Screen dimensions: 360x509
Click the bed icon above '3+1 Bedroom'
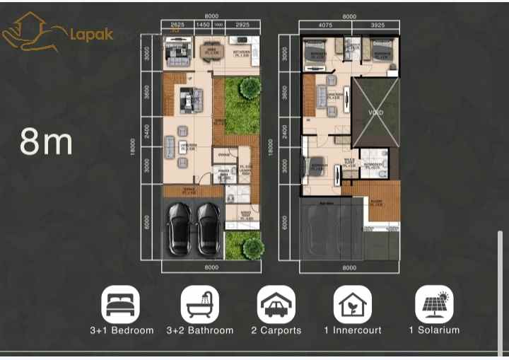click(122, 303)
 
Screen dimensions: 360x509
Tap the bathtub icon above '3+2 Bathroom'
click(199, 303)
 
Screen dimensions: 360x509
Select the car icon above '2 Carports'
click(276, 303)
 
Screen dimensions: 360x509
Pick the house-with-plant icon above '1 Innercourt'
click(353, 303)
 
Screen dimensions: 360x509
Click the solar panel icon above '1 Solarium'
click(434, 303)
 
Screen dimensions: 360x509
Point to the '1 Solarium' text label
click(434, 330)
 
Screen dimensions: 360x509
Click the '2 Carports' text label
click(276, 330)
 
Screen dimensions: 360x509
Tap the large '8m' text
click(47, 141)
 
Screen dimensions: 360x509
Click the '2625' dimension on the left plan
click(177, 25)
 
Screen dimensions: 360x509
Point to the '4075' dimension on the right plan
click(325, 25)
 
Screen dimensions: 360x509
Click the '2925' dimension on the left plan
click(242, 25)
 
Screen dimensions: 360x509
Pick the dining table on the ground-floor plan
click(210, 52)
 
